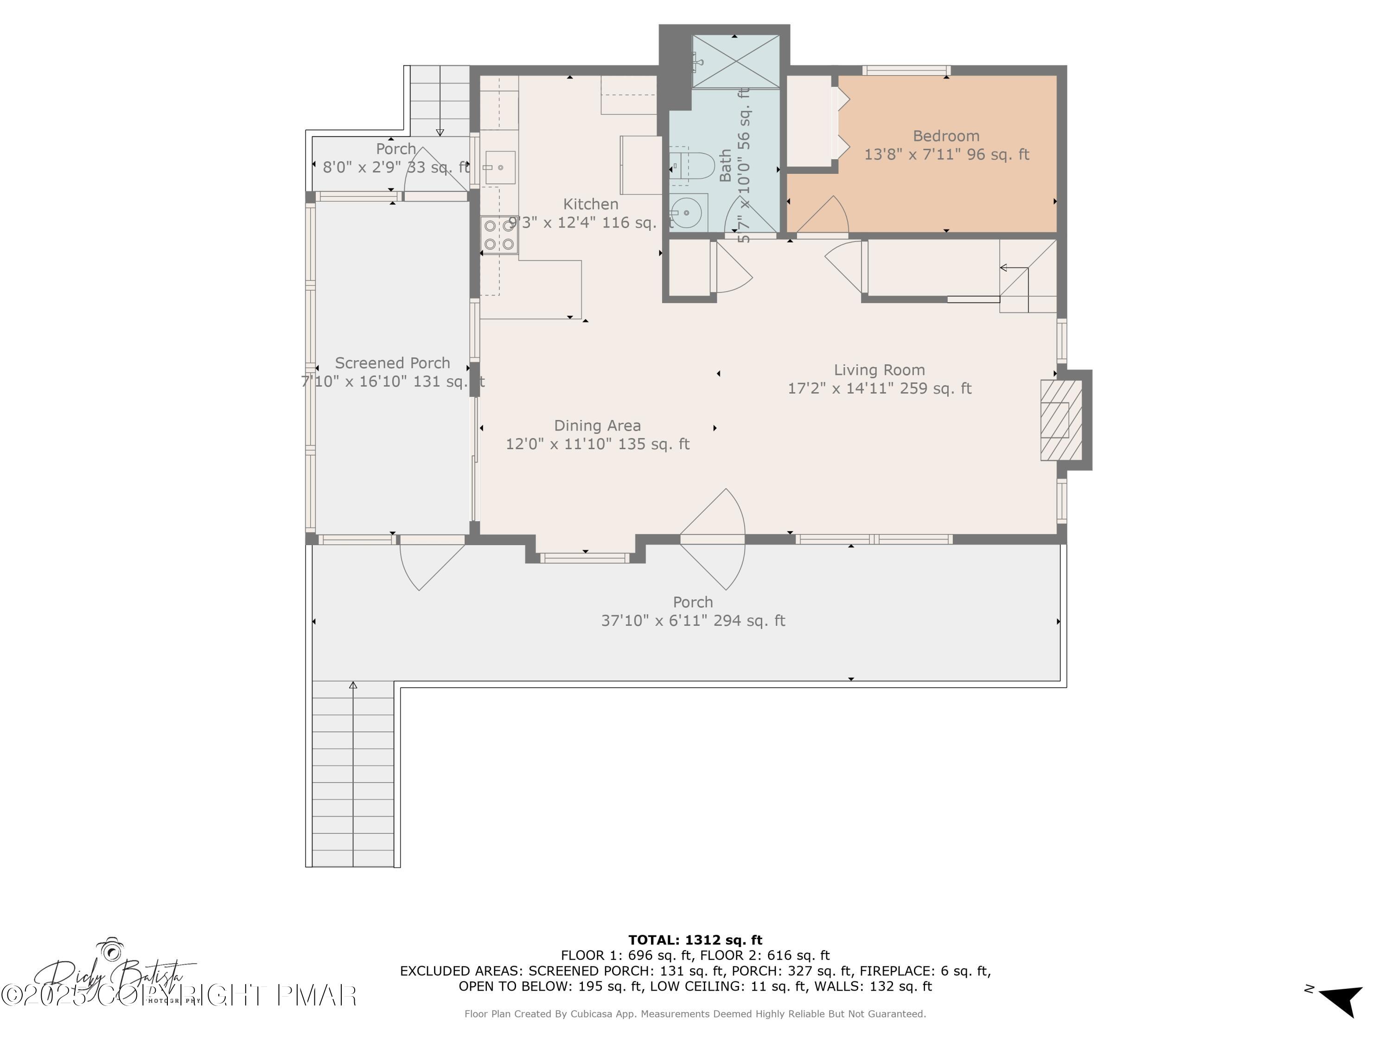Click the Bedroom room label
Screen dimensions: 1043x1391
pos(946,136)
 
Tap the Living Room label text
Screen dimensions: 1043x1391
pos(879,370)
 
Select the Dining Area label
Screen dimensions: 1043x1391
pos(597,426)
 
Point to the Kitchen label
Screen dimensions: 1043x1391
pos(591,204)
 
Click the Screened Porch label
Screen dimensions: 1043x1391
pos(392,363)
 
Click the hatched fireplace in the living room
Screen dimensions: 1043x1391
pos(1061,420)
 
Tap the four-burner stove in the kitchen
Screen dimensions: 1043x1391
pos(499,235)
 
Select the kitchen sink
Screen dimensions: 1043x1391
pos(500,167)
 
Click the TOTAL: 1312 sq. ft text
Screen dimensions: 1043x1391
pos(695,940)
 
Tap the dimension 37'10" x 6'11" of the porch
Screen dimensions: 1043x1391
pos(693,621)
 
